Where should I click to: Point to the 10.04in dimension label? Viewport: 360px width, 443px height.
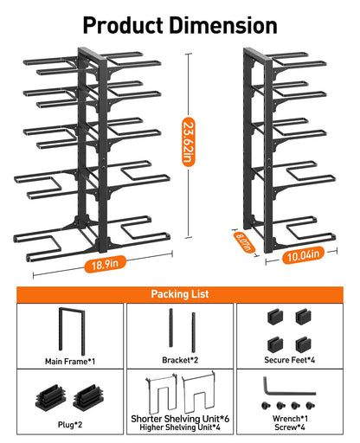point(303,254)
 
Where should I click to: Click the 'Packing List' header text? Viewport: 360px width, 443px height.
point(180,293)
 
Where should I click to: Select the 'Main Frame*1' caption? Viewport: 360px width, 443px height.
point(70,361)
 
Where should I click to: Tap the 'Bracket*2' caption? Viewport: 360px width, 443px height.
point(180,361)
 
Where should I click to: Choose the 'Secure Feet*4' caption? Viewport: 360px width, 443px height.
point(290,361)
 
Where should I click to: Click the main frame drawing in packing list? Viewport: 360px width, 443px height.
point(70,328)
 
